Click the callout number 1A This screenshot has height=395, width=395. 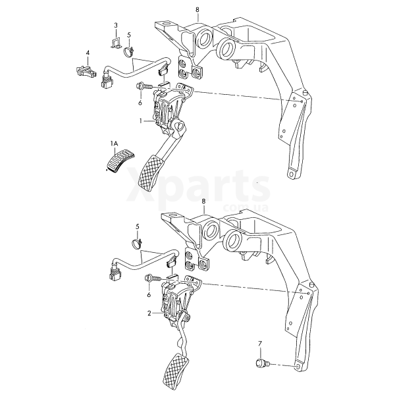114,144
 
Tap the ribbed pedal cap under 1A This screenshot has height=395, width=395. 120,160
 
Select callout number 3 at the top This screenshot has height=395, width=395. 116,25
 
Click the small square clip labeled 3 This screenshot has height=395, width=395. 116,43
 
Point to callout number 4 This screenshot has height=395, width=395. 88,53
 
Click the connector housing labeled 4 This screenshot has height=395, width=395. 86,70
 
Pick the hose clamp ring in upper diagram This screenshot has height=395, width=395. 129,51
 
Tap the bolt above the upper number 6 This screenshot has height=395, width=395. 144,86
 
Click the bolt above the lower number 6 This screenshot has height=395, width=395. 153,278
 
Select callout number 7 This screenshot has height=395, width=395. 260,343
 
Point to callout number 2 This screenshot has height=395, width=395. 149,313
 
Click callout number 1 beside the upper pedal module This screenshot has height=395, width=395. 141,121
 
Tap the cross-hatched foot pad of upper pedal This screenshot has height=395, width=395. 150,173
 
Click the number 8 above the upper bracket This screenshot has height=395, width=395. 197,10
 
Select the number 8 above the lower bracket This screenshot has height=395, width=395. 203,201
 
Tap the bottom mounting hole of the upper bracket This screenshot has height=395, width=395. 292,174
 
